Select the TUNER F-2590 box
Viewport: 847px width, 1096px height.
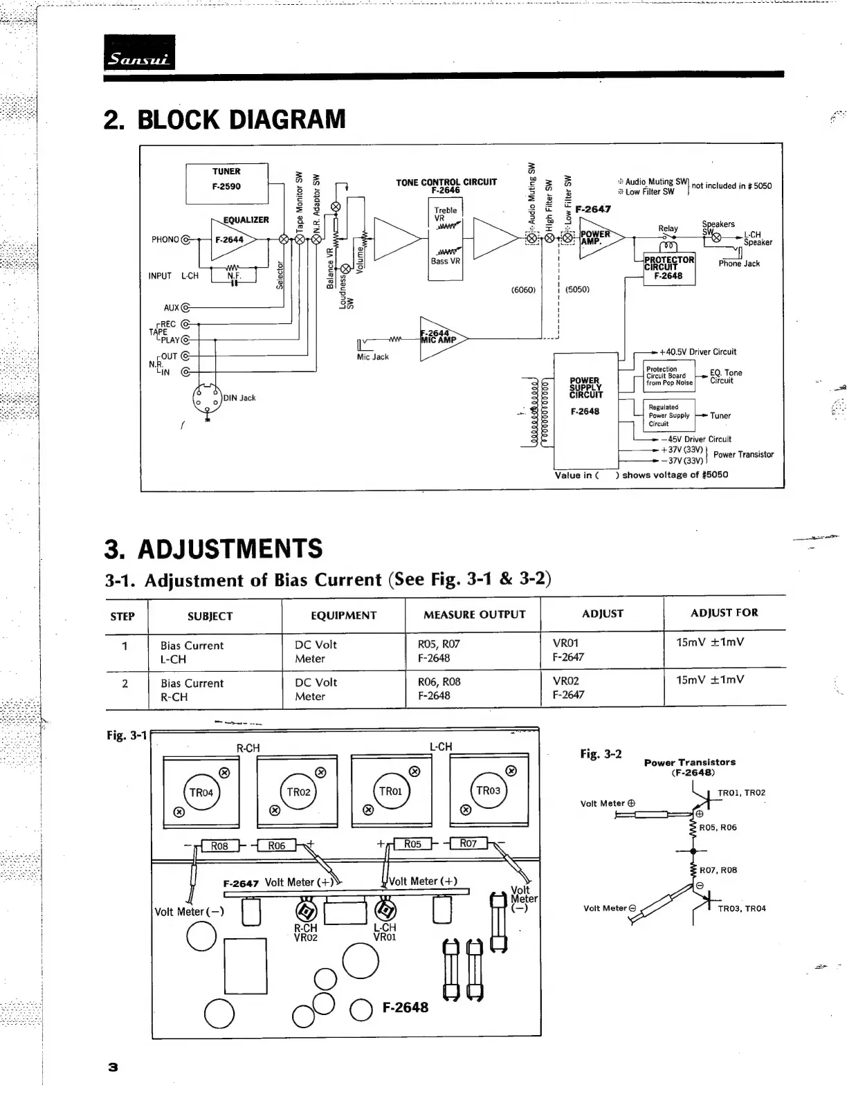[226, 180]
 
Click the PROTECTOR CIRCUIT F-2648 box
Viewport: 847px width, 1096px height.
[668, 268]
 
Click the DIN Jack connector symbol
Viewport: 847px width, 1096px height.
[207, 399]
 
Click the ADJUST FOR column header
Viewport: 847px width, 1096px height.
[724, 612]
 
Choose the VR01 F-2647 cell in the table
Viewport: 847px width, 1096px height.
[567, 650]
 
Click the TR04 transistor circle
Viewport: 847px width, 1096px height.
[201, 792]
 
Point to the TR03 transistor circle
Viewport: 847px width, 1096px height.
[488, 790]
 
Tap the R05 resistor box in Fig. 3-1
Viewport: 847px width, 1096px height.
[412, 844]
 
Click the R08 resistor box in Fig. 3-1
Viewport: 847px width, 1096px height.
[219, 846]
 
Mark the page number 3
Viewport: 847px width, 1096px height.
[113, 1066]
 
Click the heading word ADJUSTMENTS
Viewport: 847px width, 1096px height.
[230, 549]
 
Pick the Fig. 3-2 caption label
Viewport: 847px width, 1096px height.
[601, 753]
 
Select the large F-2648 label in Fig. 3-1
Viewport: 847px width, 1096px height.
[406, 1007]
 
